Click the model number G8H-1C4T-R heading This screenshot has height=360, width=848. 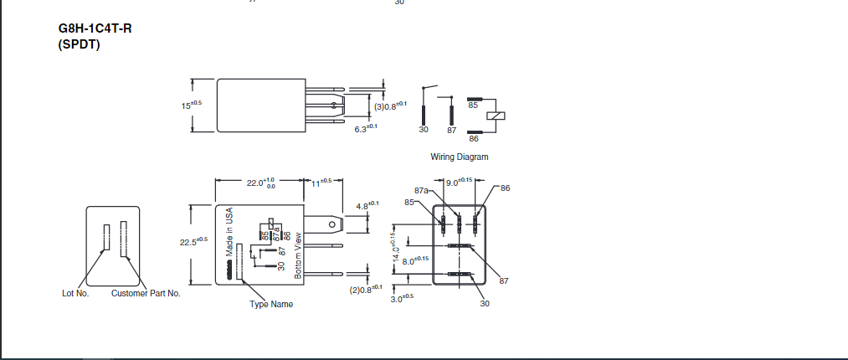pos(95,28)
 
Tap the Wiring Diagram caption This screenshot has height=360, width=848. pos(459,157)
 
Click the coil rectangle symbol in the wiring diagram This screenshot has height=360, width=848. pos(501,116)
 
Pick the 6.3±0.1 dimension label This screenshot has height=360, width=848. pos(366,128)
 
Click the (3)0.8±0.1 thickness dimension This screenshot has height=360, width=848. pos(390,105)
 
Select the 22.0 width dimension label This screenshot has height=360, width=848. pos(260,183)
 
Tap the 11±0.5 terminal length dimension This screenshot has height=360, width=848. pos(322,182)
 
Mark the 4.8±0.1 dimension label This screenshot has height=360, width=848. pos(367,205)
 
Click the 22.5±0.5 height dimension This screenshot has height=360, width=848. pos(193,242)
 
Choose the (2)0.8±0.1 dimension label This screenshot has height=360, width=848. pos(366,289)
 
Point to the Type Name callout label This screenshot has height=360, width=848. pos(271,304)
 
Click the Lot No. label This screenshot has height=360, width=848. pos(75,293)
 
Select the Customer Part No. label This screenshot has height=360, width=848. pos(146,293)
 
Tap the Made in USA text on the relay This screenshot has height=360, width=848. pos(229,232)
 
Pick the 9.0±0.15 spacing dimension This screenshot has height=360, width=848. pos(459,182)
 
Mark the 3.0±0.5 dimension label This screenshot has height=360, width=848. pos(403,296)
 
